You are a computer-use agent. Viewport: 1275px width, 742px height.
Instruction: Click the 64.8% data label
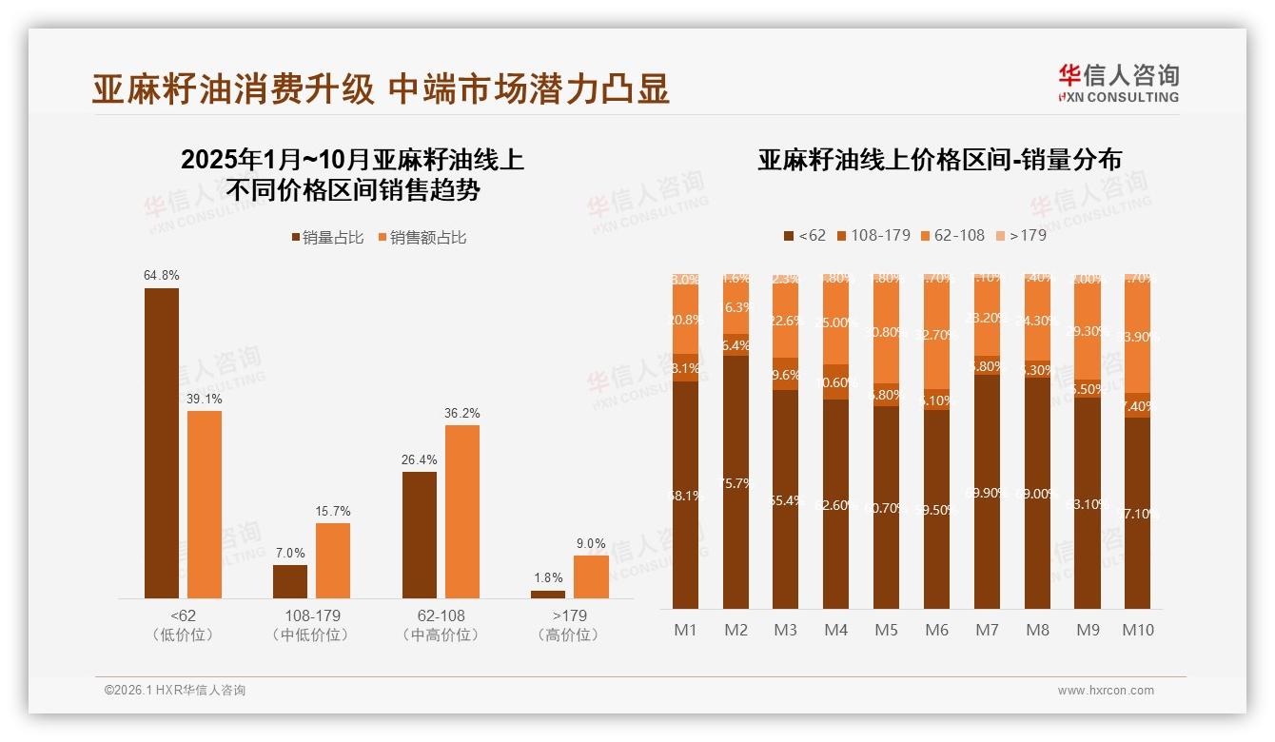pos(161,275)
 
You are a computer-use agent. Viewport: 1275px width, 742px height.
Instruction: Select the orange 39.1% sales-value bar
pos(205,504)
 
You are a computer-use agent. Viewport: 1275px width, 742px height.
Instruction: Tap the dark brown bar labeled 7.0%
pos(290,581)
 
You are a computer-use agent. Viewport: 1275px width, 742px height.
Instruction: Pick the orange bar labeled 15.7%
pos(333,560)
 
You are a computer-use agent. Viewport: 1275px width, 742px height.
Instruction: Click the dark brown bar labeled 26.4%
pos(420,535)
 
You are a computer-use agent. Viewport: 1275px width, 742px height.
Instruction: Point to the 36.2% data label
pos(462,413)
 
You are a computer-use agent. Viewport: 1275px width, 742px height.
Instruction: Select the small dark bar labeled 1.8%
pos(548,594)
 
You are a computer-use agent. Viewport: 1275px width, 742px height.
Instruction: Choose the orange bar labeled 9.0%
pos(591,576)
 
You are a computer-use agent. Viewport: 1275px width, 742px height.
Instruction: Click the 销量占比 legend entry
pos(326,238)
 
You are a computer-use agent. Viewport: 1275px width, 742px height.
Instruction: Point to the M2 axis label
pos(736,630)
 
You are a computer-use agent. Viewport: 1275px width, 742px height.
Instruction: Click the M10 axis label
pos(1137,630)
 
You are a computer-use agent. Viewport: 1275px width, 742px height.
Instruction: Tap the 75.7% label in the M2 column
pos(736,483)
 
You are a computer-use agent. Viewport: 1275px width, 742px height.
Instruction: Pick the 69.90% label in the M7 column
pos(987,493)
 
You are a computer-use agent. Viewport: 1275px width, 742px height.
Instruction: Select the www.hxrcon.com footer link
pos(1106,691)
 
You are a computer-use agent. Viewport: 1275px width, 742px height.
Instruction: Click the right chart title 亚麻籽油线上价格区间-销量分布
pos(939,160)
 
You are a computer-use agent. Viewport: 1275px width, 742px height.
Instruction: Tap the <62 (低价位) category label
pos(183,625)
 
